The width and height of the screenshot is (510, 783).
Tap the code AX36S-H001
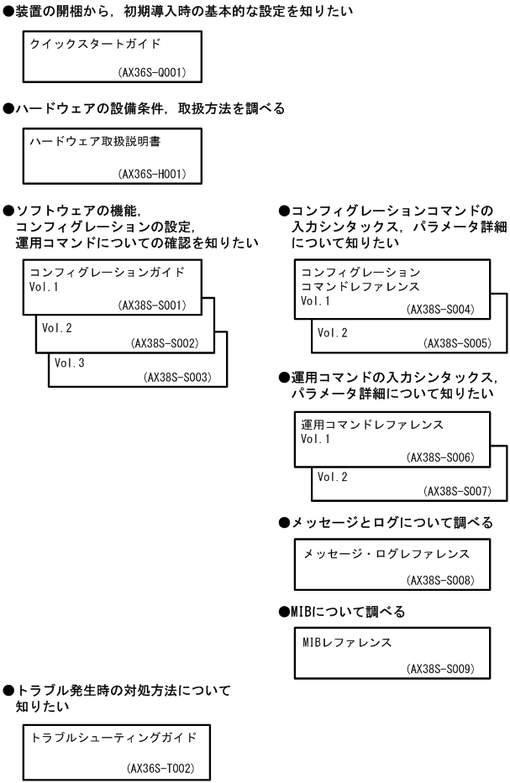[x=152, y=175]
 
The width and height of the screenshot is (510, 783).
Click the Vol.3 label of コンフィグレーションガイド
[x=68, y=363]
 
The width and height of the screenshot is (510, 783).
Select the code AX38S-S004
[x=440, y=310]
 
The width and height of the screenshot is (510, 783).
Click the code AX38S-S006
[x=440, y=457]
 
